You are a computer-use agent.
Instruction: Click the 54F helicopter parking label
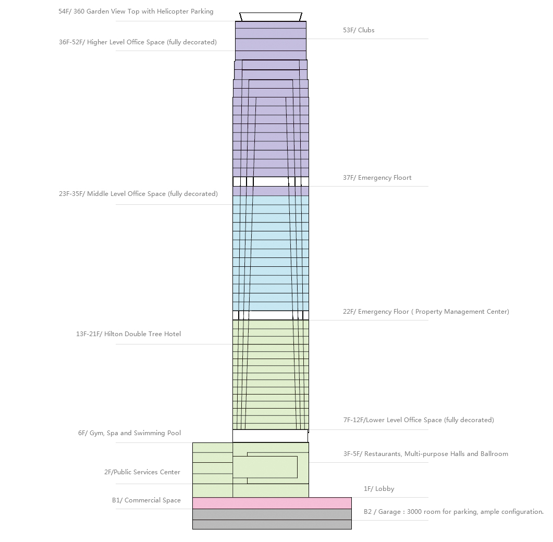click(136, 11)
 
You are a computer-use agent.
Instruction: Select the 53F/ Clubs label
click(359, 30)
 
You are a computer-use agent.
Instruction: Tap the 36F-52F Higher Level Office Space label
click(138, 42)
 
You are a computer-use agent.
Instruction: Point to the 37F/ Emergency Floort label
click(377, 178)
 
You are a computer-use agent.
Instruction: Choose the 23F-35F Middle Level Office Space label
click(138, 194)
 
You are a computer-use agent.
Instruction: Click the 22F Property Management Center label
click(426, 312)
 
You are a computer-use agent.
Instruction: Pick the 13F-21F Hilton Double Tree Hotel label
click(128, 334)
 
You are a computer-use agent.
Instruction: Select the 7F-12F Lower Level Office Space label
click(419, 420)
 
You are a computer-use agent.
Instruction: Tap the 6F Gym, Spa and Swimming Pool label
click(129, 433)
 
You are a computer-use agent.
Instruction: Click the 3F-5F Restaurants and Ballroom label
click(425, 454)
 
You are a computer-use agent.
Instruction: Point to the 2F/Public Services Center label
click(142, 472)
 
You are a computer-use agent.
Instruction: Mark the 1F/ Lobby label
click(379, 489)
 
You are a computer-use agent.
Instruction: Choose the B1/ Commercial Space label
click(146, 500)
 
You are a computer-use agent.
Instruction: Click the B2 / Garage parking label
click(453, 512)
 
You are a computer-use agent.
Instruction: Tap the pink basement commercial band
click(272, 503)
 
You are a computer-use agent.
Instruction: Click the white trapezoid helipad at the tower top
click(271, 17)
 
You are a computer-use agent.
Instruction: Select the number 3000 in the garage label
click(416, 512)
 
